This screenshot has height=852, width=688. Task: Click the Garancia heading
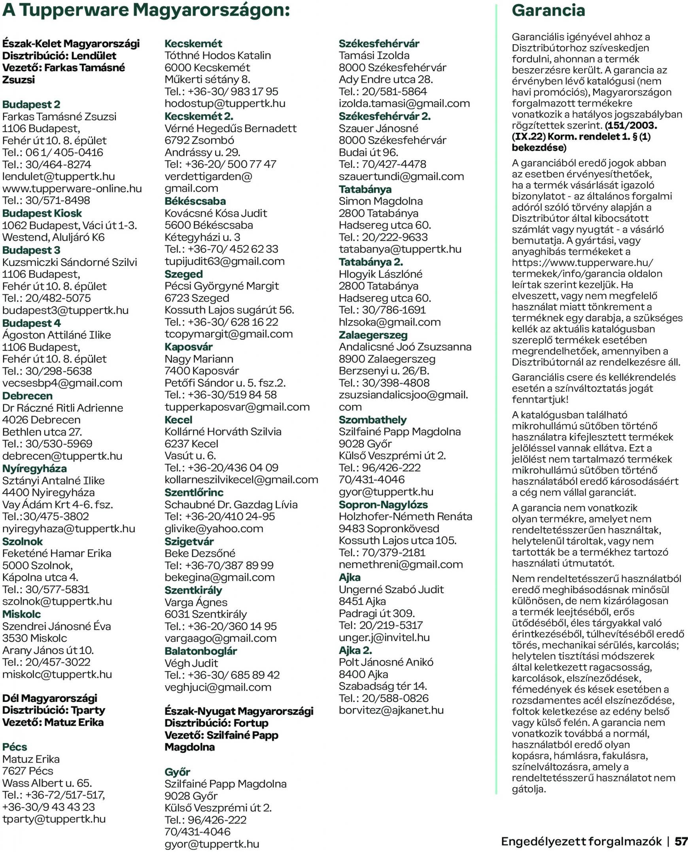click(x=548, y=10)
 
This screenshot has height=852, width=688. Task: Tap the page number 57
click(x=681, y=841)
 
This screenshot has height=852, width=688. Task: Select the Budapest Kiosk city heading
click(x=42, y=213)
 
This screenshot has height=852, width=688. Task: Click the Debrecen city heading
click(x=27, y=396)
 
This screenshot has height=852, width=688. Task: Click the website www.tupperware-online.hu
click(x=72, y=188)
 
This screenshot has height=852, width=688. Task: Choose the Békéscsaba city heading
click(x=195, y=201)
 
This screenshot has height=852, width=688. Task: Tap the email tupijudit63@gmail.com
click(x=224, y=262)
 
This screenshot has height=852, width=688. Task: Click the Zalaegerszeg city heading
click(x=373, y=335)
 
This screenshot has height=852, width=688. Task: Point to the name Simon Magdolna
click(x=380, y=201)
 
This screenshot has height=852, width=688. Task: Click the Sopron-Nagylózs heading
click(x=383, y=505)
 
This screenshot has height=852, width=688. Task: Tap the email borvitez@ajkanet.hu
click(x=391, y=710)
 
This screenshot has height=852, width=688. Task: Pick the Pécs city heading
click(x=15, y=746)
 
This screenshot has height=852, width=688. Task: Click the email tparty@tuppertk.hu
click(x=54, y=819)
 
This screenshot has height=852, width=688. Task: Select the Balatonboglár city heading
click(x=200, y=651)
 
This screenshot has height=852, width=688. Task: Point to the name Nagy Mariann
click(x=198, y=359)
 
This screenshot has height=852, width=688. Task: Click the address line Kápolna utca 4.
click(x=40, y=577)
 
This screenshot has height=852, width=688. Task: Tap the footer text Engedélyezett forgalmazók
click(x=581, y=841)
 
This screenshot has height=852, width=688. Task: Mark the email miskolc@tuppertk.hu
click(x=57, y=674)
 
